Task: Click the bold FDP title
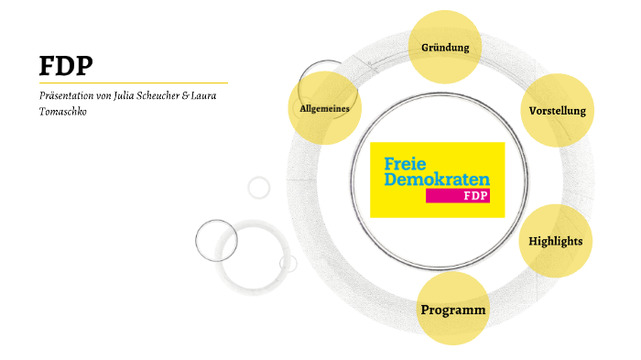(66, 66)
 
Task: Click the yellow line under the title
(133, 82)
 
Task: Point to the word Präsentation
(66, 96)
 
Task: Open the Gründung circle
(445, 47)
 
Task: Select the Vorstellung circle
(557, 111)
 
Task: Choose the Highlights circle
(556, 241)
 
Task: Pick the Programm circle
(453, 310)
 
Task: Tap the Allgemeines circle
(325, 108)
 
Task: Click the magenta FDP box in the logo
(473, 195)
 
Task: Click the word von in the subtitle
(103, 96)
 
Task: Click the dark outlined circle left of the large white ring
(216, 241)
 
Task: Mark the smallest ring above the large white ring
(259, 188)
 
